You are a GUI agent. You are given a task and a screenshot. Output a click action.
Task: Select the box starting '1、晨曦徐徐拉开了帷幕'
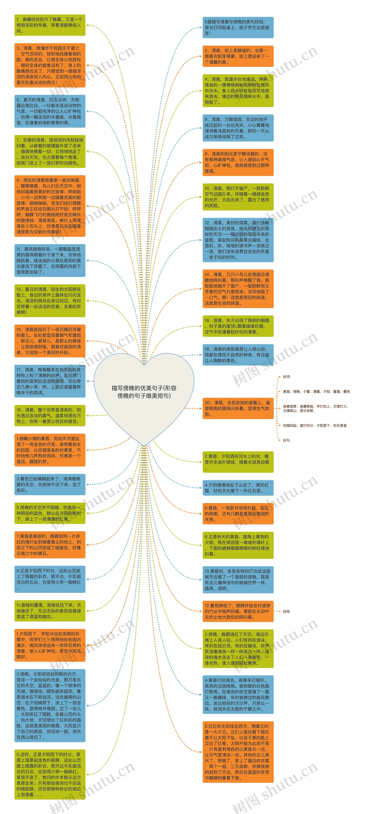click(50, 25)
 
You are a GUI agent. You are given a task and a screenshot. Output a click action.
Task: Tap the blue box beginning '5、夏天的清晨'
click(50, 111)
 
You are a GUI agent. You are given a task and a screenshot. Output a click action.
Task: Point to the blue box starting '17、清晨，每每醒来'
click(50, 381)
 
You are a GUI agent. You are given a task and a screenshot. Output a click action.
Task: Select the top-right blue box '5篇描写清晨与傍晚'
click(238, 27)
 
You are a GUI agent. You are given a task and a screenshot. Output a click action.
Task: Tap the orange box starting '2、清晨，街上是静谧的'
click(238, 56)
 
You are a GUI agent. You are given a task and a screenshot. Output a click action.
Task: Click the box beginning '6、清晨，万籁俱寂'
click(238, 128)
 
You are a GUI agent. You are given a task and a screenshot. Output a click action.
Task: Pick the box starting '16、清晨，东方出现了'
click(238, 326)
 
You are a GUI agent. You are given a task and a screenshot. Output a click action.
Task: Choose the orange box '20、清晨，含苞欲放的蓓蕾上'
click(238, 408)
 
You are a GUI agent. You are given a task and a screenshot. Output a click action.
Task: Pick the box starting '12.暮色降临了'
click(238, 611)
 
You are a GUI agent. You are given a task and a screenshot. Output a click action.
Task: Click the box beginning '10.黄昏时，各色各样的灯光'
click(238, 580)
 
